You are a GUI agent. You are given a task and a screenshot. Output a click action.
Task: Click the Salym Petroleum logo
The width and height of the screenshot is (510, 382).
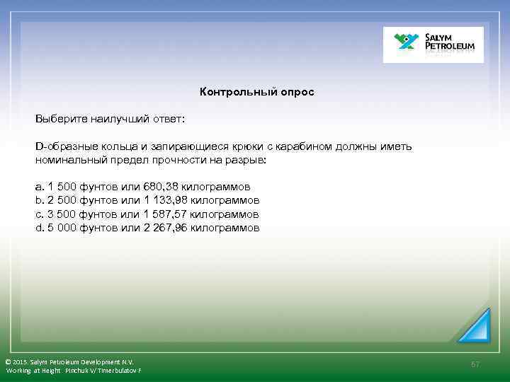point(433,45)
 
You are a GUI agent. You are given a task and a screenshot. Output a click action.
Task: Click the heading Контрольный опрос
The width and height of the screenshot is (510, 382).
point(256,92)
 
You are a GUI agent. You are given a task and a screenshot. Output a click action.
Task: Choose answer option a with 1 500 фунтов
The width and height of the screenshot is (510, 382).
point(142,187)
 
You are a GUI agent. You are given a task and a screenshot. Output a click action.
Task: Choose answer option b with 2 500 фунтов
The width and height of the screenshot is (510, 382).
point(147,201)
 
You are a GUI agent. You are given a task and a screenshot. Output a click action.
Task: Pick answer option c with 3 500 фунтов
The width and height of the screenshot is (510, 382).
point(147,214)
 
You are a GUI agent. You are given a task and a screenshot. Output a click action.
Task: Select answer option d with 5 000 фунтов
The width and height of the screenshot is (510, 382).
point(147,228)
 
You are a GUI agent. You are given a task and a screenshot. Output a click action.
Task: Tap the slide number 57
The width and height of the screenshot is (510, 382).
point(475,364)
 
